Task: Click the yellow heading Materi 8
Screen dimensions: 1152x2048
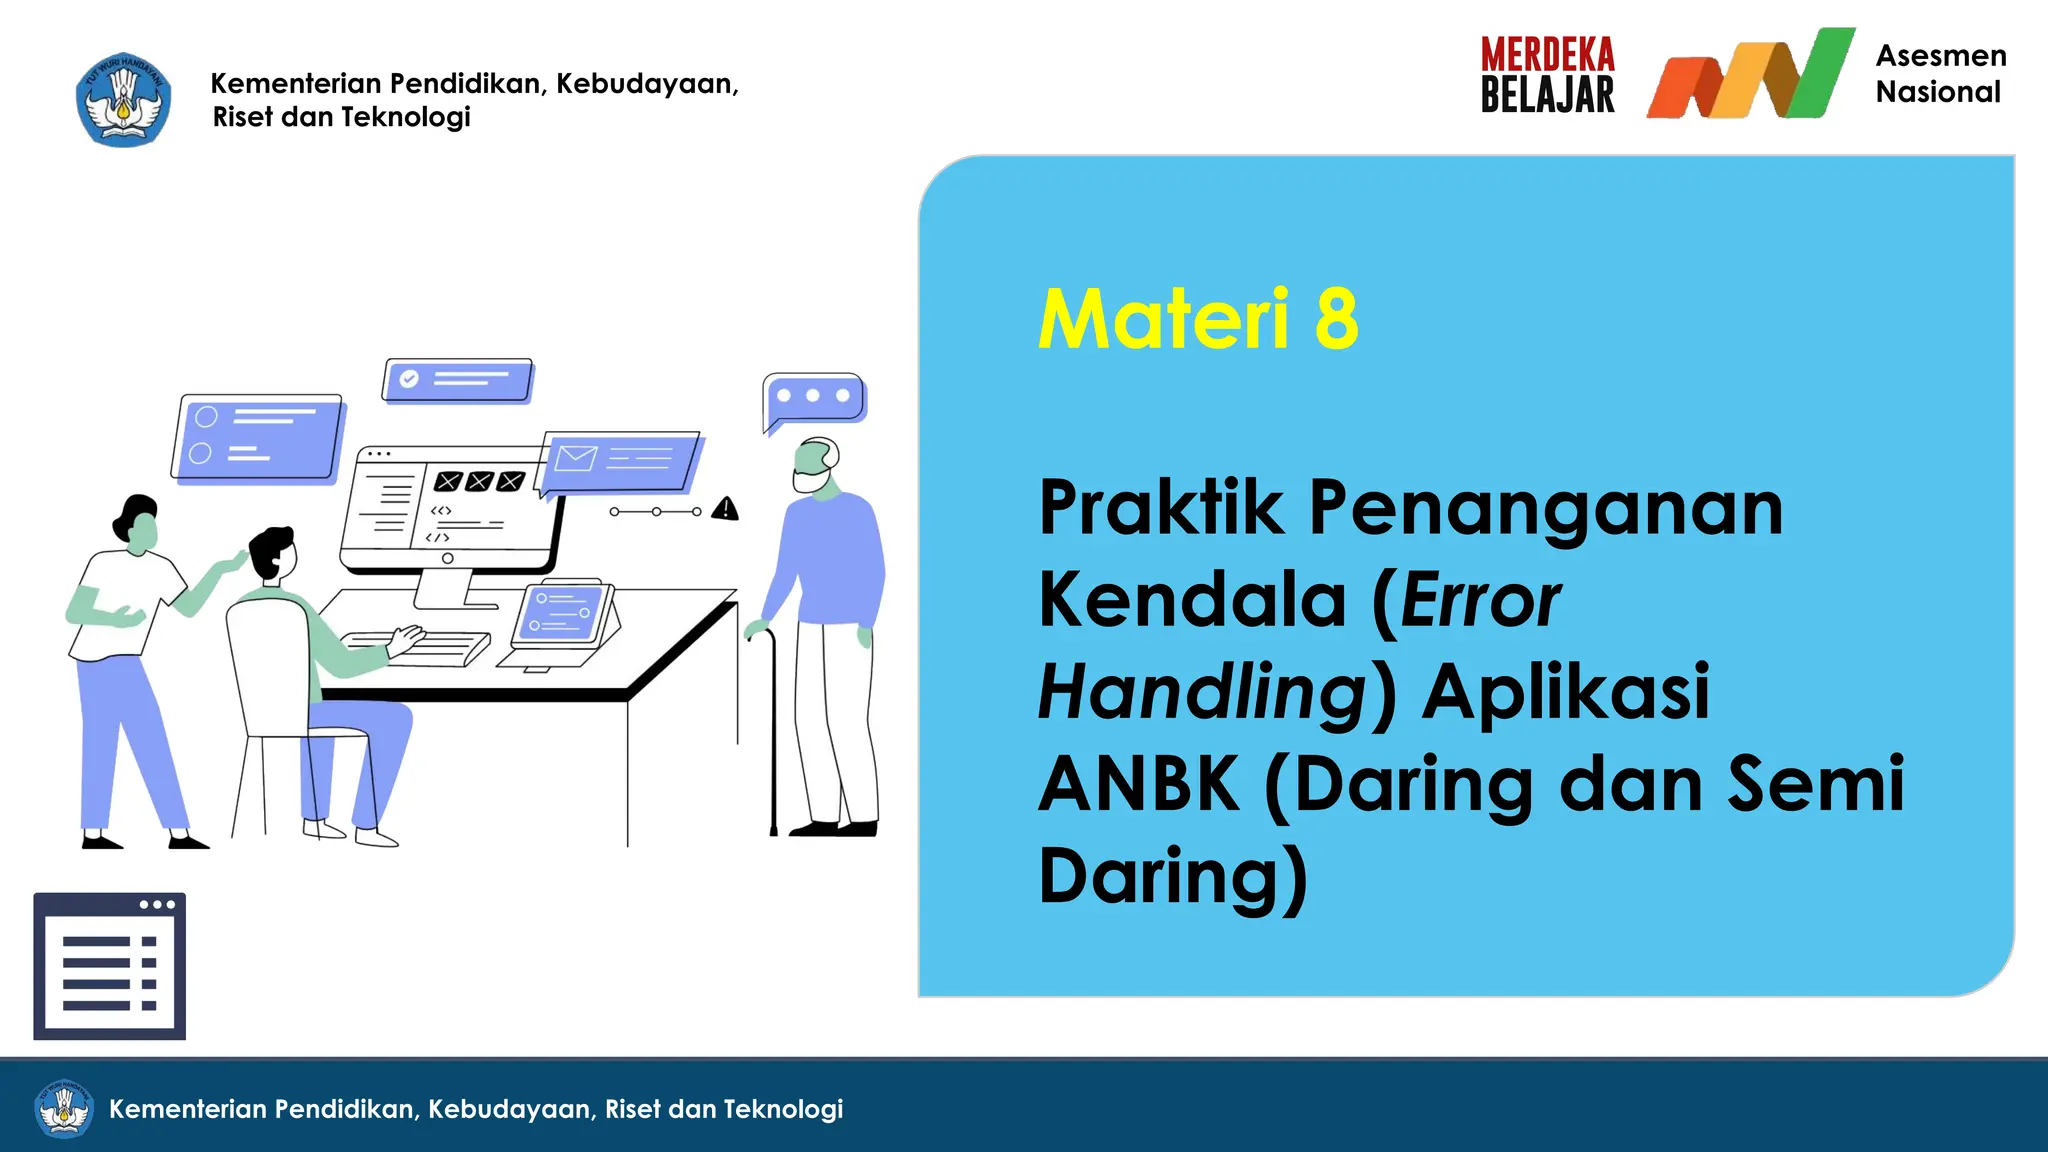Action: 1198,319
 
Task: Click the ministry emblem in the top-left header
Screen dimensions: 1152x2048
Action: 123,100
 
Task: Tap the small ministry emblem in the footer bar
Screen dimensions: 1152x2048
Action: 64,1108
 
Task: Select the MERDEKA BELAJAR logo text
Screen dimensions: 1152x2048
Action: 1547,75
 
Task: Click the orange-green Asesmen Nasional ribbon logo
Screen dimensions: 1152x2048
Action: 1750,75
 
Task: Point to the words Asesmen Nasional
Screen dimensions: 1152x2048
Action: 1940,73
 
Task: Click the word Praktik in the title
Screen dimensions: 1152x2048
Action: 1160,508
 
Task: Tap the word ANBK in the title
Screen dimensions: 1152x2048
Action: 1139,783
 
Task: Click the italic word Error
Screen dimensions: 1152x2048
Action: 1480,600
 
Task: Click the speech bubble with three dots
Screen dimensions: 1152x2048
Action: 813,398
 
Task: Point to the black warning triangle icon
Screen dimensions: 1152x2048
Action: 725,509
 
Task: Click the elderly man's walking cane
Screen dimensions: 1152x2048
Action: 770,730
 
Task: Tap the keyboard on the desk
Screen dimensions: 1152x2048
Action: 420,648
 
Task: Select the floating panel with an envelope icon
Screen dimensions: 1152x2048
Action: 620,461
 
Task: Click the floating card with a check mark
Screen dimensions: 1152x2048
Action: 457,380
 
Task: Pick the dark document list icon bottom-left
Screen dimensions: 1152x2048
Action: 110,966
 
